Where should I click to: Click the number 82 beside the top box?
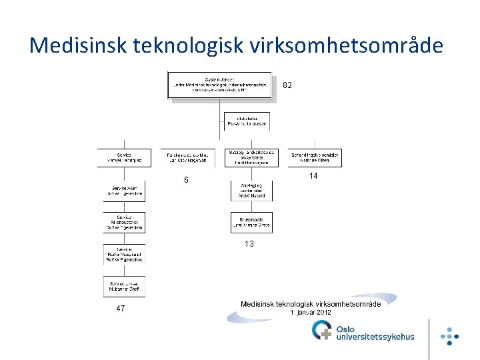(287, 85)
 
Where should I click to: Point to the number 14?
(313, 176)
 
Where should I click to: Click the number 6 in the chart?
(186, 181)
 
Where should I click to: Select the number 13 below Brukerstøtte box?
(249, 244)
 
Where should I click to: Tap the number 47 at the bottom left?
(120, 309)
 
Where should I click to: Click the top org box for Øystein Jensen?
(219, 85)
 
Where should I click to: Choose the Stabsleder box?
(247, 121)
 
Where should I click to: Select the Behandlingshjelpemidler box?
(315, 157)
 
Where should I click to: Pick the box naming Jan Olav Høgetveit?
(187, 157)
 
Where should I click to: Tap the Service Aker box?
(124, 191)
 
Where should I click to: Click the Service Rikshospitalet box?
(124, 222)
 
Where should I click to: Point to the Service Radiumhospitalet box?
(124, 254)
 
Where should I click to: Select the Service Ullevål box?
(124, 286)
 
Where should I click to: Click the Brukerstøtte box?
(251, 223)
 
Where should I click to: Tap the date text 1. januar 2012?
(310, 312)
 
